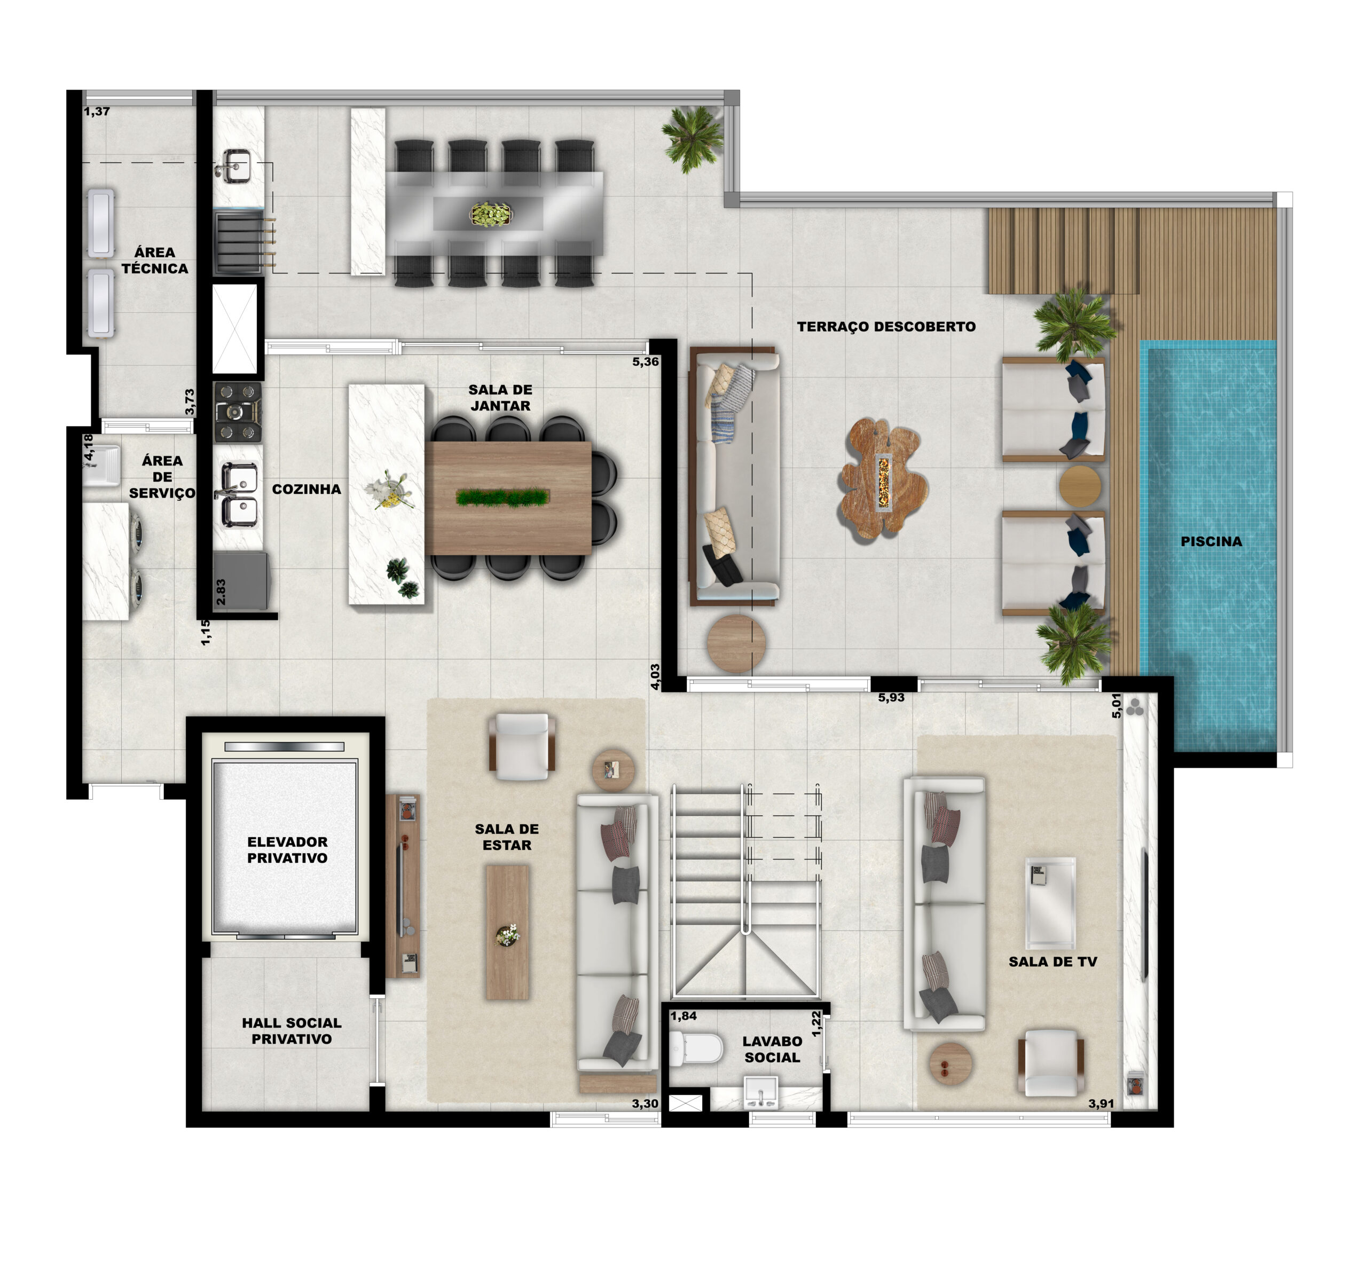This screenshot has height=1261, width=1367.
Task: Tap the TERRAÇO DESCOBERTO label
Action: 886,327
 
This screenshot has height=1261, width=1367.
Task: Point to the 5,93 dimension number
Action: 891,697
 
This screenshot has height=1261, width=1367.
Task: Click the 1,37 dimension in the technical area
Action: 97,111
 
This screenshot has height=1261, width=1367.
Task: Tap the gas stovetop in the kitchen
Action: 238,412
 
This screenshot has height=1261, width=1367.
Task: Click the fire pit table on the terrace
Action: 883,478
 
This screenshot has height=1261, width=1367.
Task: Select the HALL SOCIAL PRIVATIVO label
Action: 292,1030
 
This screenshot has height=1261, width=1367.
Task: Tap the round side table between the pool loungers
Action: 1080,485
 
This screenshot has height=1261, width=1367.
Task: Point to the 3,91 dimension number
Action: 1101,1104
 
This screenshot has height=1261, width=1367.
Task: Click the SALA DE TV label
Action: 1052,962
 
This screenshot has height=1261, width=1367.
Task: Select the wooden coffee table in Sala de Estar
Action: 507,933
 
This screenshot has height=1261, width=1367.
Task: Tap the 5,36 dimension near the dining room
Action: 645,361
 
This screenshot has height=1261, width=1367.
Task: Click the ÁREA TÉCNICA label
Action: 155,261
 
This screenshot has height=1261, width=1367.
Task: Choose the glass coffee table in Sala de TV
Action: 1050,903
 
